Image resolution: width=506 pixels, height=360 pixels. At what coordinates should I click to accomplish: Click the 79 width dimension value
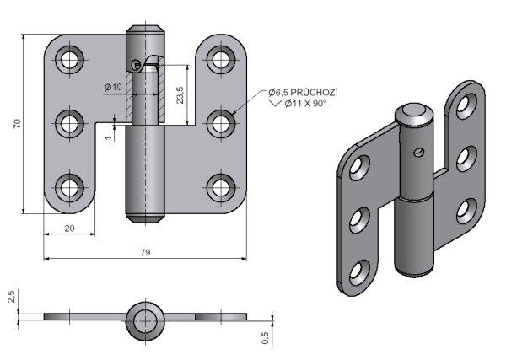tap(144, 252)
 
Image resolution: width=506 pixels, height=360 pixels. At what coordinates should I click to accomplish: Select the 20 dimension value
tap(68, 228)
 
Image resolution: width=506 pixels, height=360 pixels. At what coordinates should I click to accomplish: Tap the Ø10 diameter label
tap(114, 87)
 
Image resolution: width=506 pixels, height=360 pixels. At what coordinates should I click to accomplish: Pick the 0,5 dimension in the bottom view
tap(266, 337)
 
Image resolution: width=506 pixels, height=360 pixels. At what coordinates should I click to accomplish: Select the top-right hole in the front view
tap(222, 59)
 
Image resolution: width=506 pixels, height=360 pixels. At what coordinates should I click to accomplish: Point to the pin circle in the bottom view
tap(146, 319)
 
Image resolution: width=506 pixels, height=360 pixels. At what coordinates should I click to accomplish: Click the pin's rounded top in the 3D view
tap(413, 113)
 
